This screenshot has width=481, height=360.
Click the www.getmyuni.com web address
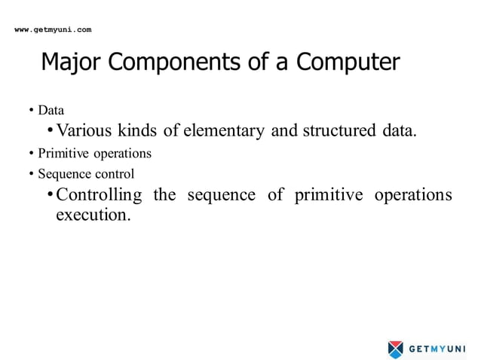[x=54, y=29]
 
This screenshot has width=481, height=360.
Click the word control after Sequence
[x=114, y=174]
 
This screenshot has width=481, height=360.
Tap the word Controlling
[x=99, y=195]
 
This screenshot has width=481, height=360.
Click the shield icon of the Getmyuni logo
[x=396, y=349]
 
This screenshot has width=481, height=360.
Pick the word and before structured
[x=284, y=131]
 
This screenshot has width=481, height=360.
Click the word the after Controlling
[x=164, y=195]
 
